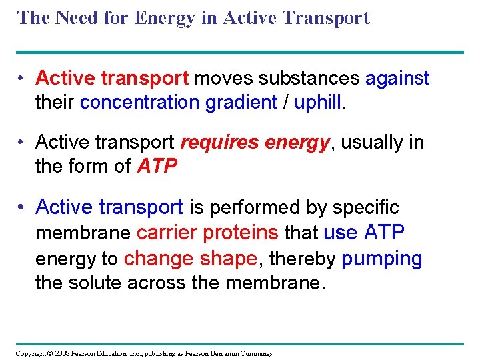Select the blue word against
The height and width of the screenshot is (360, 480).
(397, 78)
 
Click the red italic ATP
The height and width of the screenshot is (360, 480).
(157, 166)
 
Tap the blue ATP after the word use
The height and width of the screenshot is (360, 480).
(385, 232)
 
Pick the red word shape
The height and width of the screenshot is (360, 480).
(227, 258)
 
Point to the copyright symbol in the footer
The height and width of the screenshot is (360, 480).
(50, 353)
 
